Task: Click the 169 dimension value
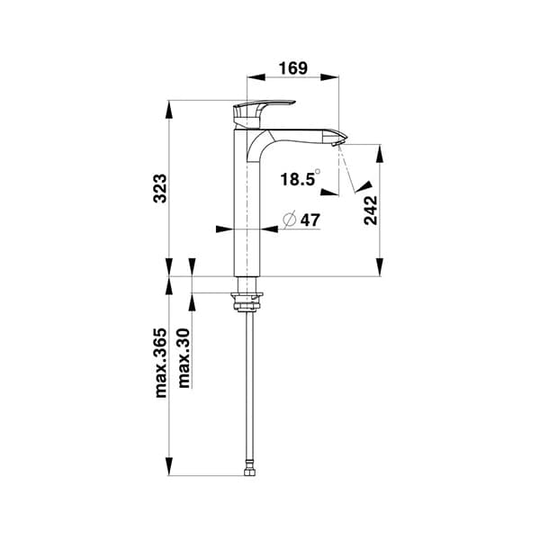292,67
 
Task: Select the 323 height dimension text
158,188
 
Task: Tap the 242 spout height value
370,210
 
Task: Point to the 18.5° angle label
299,179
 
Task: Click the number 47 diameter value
310,220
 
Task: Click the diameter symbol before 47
290,220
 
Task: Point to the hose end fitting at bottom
247,469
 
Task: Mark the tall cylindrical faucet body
247,216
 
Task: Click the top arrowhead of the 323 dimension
170,107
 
